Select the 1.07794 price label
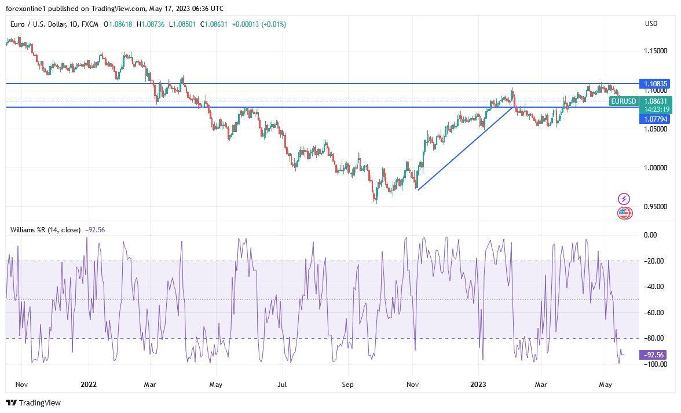point(654,119)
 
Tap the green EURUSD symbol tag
point(623,101)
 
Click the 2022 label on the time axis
point(89,384)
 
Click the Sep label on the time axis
point(347,384)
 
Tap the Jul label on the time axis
point(282,384)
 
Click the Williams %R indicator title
point(45,230)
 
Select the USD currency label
point(651,24)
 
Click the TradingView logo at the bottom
point(34,403)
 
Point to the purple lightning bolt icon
point(624,199)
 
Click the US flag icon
point(624,213)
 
